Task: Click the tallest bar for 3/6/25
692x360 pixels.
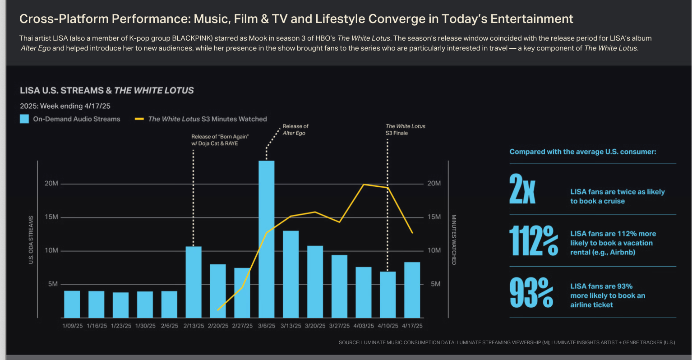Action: click(266, 239)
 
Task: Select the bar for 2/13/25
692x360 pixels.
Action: click(194, 282)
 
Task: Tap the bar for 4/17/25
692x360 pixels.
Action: click(412, 290)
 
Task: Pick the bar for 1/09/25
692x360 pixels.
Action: click(72, 304)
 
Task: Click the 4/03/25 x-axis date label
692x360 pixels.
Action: click(364, 326)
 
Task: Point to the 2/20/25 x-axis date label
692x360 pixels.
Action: click(218, 326)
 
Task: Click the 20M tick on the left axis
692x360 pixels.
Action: click(51, 184)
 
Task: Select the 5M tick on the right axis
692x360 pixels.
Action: click(435, 284)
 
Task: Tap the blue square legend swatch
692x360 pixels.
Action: click(24, 119)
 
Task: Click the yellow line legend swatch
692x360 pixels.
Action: click(139, 119)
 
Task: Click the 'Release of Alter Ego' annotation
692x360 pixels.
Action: click(295, 129)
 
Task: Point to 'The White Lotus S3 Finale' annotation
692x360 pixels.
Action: click(405, 129)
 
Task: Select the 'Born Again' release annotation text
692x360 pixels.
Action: click(220, 140)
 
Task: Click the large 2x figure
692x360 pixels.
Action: click(522, 189)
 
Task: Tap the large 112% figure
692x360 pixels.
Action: click(534, 240)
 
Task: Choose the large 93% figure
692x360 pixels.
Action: click(531, 293)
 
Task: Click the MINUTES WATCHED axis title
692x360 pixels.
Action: click(454, 240)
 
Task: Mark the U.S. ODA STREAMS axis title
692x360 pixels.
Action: click(31, 240)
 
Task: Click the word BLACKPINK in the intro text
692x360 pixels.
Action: click(193, 38)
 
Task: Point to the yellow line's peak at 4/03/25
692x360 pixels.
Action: click(364, 185)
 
